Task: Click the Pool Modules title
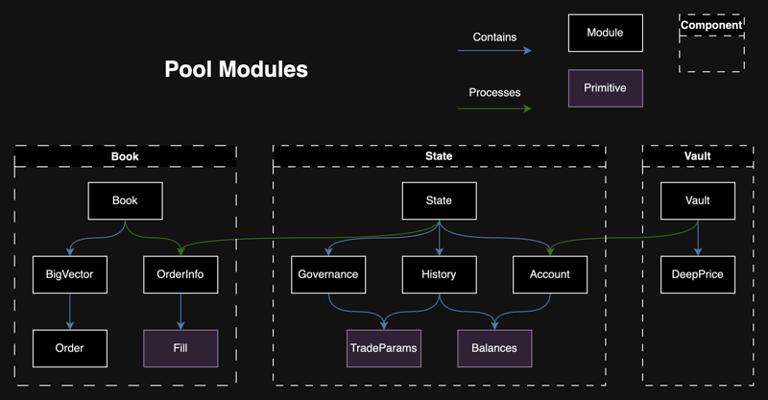[x=236, y=70]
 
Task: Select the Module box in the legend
[x=605, y=33]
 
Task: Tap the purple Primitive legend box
[x=605, y=88]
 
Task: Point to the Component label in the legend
[x=711, y=26]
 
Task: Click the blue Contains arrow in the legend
[x=494, y=50]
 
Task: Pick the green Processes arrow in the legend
[x=494, y=107]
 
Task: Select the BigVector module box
[x=69, y=274]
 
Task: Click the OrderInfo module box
[x=180, y=274]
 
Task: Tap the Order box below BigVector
[x=69, y=348]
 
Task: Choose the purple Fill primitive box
[x=180, y=348]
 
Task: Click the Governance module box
[x=328, y=274]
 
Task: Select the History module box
[x=439, y=274]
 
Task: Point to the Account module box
[x=549, y=274]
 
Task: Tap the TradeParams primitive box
[x=384, y=348]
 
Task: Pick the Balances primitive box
[x=494, y=348]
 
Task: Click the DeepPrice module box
[x=698, y=274]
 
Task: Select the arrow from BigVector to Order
[x=69, y=312]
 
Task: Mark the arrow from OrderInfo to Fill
[x=180, y=312]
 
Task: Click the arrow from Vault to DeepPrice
[x=698, y=237]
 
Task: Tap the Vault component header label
[x=698, y=156]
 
